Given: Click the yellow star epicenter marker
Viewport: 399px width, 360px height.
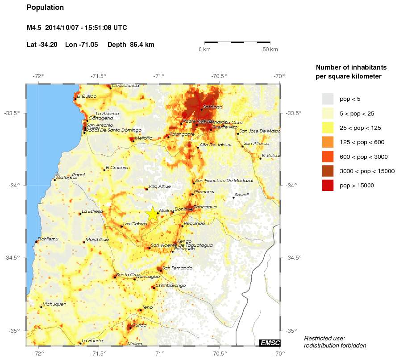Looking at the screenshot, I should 152,214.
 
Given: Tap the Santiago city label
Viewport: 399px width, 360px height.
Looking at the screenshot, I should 212,107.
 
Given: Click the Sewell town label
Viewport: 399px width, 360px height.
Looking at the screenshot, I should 241,195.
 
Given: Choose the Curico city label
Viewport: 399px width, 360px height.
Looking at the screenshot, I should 139,325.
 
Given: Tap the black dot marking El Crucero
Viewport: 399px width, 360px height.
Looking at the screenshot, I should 104,170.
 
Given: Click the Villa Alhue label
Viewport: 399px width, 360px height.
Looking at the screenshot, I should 159,187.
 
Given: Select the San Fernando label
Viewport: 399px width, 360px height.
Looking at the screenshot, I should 177,268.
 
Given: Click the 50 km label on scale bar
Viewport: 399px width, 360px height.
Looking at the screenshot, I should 270,50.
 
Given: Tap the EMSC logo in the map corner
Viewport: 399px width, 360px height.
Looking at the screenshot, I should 270,343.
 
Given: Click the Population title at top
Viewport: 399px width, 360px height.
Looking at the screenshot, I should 45,8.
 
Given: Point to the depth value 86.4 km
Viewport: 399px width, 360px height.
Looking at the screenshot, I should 142,45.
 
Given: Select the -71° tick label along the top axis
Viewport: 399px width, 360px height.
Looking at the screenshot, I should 159,76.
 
